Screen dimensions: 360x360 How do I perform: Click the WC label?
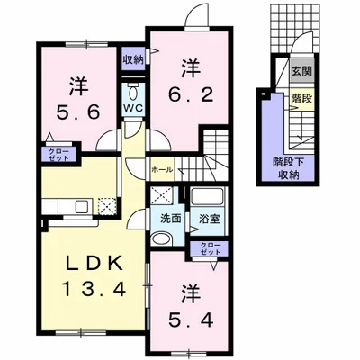click(134, 108)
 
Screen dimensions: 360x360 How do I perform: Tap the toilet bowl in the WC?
click(132, 92)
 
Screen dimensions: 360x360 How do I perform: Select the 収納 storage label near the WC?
click(133, 59)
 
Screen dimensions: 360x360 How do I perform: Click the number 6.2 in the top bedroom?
click(191, 95)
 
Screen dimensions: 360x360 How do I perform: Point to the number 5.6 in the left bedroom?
click(78, 112)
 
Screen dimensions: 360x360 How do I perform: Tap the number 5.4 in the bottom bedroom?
click(191, 320)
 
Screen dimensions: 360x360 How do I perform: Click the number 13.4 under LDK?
click(94, 289)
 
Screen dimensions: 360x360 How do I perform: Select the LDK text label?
click(94, 263)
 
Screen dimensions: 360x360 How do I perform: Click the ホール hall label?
click(162, 170)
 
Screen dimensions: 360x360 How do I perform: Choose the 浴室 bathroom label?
click(210, 219)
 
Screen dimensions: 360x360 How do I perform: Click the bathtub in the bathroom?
click(207, 196)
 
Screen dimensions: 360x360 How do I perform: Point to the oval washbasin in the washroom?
click(161, 239)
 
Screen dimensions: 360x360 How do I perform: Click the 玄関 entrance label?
click(302, 71)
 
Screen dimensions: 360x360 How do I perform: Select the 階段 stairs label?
click(302, 98)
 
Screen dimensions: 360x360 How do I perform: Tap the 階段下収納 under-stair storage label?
click(288, 168)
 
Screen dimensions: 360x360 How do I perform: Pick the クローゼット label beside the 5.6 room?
click(59, 155)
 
